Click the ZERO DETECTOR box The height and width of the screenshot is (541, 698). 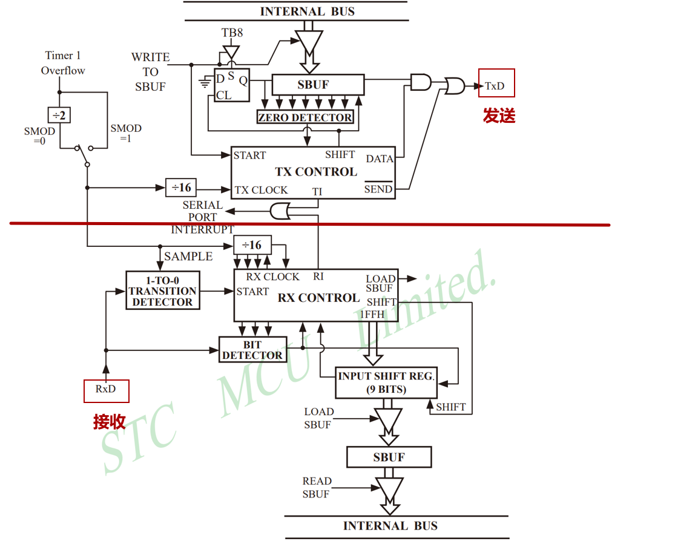coord(305,117)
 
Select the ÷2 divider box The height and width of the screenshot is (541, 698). coord(59,114)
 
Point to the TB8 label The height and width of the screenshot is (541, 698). coord(232,33)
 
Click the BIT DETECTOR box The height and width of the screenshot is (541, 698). coord(252,350)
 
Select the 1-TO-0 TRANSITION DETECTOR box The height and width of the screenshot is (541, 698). coord(162,290)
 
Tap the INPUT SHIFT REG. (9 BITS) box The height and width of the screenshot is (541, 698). coord(386,382)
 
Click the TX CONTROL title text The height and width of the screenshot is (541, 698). coord(316,172)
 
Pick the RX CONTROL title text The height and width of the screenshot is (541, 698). coord(318,298)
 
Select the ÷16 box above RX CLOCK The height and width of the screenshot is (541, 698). coord(252,245)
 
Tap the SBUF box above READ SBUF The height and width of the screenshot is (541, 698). coord(389,457)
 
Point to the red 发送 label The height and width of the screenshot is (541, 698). coord(499,116)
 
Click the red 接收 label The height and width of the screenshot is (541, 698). coord(110,422)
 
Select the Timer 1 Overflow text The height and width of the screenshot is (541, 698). coord(63,63)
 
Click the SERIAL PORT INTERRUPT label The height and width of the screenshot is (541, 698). coord(202,217)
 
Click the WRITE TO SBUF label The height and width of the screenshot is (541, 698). coord(150,71)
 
